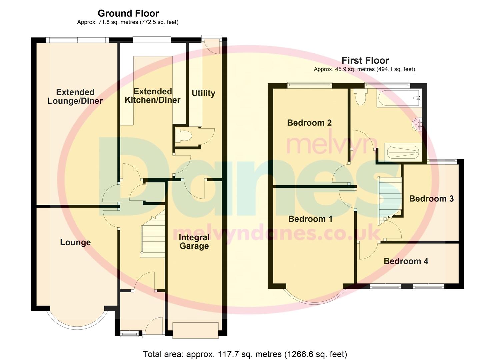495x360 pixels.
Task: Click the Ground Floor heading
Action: pyautogui.click(x=128, y=13)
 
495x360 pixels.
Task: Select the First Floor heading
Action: pyautogui.click(x=365, y=60)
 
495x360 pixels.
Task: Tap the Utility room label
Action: pyautogui.click(x=203, y=93)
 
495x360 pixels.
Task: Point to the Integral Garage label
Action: pyautogui.click(x=194, y=242)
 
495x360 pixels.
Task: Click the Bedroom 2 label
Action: pyautogui.click(x=309, y=123)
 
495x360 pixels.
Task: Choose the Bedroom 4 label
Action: pyautogui.click(x=406, y=261)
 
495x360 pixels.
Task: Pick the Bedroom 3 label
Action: pyautogui.click(x=431, y=199)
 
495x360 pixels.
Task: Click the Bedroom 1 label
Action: pyautogui.click(x=310, y=219)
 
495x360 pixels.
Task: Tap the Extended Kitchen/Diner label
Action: pyautogui.click(x=152, y=96)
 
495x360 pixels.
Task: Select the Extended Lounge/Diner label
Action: pyautogui.click(x=75, y=96)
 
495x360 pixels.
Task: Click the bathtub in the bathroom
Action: pyautogui.click(x=399, y=98)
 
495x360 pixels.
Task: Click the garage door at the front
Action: pyautogui.click(x=195, y=330)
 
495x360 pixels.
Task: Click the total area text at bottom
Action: pyautogui.click(x=245, y=354)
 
